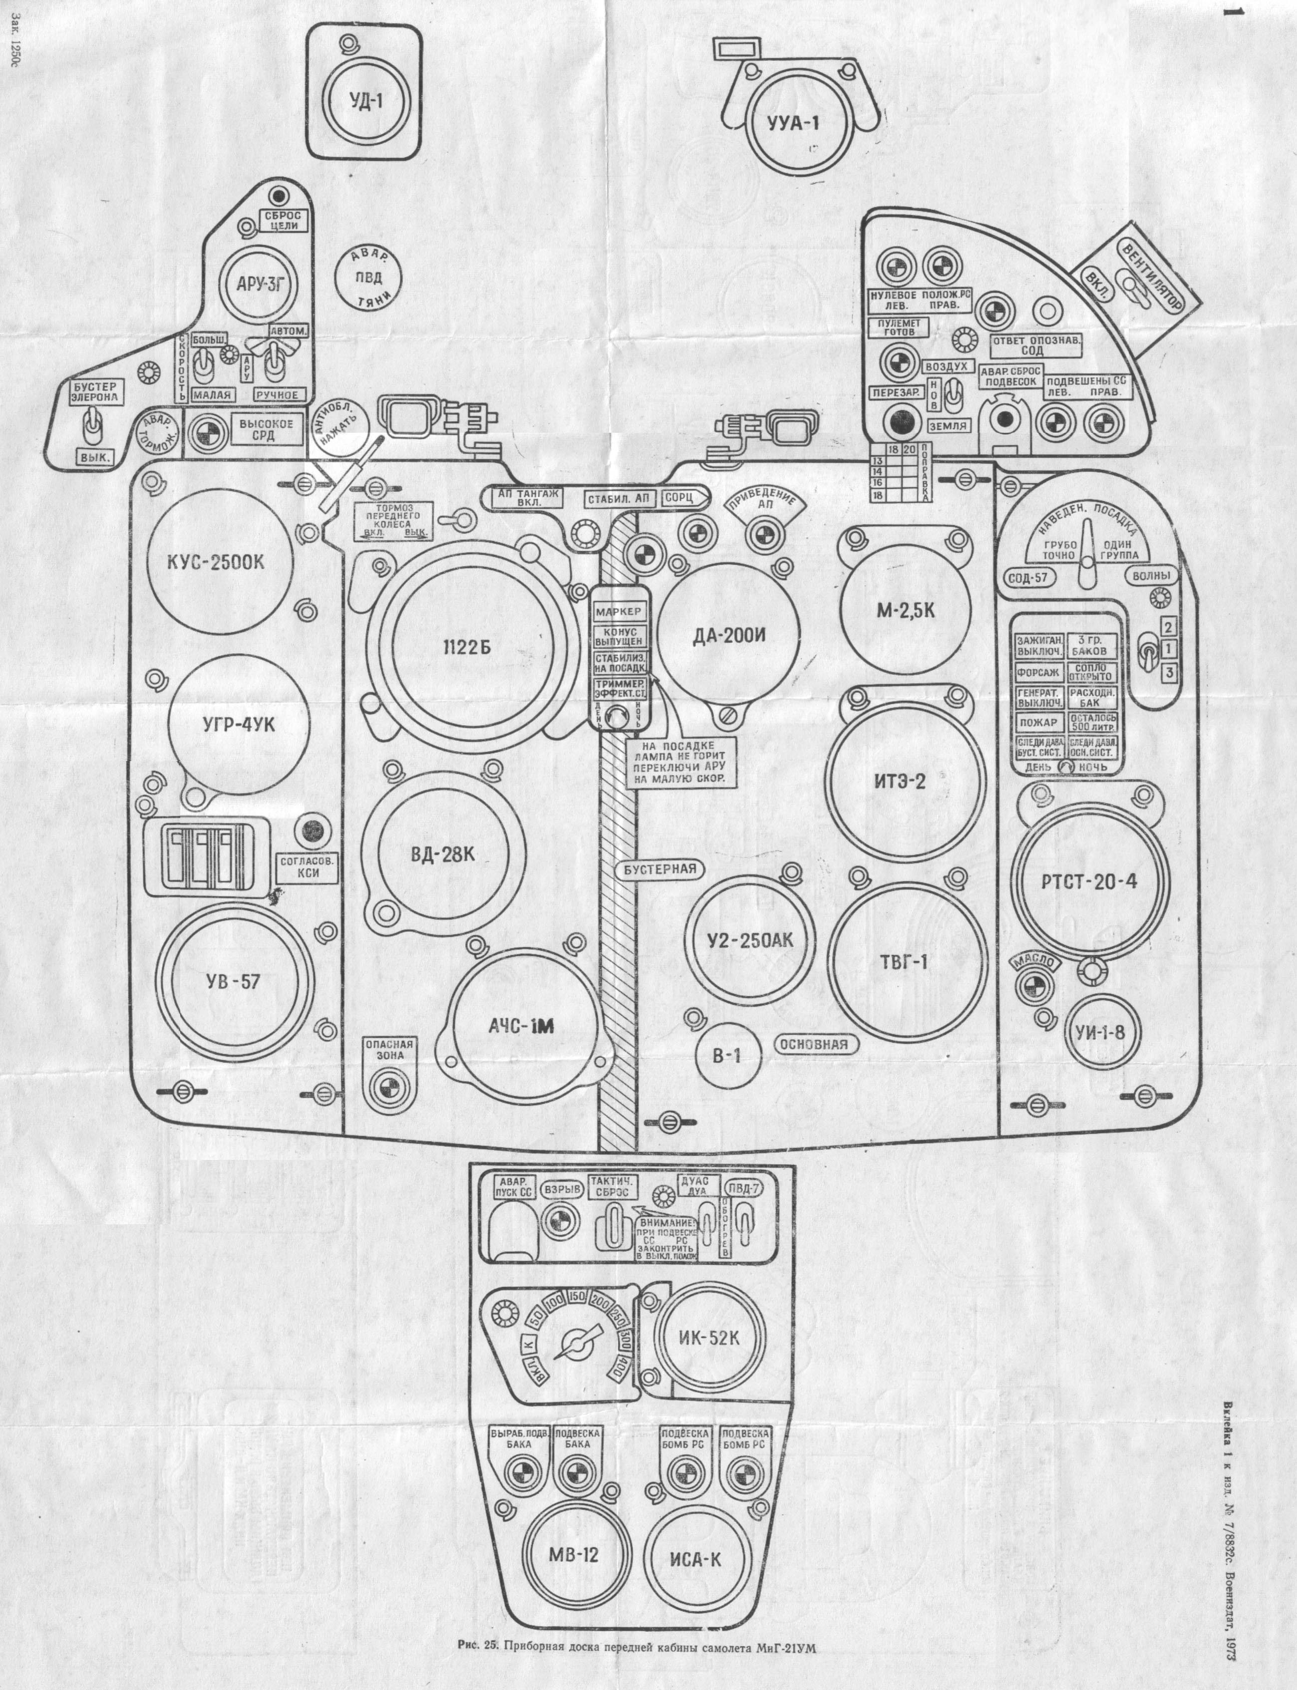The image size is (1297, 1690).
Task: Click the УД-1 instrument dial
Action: [x=366, y=101]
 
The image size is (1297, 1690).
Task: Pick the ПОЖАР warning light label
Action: [x=1038, y=722]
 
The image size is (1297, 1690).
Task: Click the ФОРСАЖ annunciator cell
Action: [x=1038, y=672]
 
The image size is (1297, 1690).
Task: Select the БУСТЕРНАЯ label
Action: [x=659, y=869]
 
